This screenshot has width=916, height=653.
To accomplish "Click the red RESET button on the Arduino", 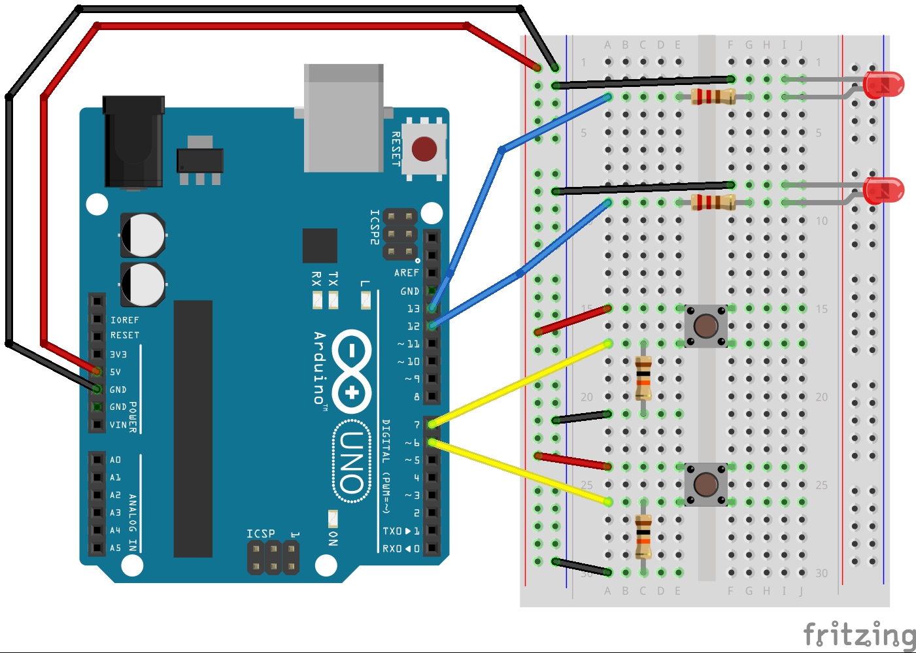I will click(x=424, y=149).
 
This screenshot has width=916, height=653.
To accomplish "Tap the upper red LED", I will click(x=883, y=85).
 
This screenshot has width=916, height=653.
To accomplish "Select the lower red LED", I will click(x=883, y=190).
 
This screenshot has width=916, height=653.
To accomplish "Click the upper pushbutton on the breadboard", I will click(x=705, y=326).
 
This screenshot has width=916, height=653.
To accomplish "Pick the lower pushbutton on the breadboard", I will click(x=705, y=484).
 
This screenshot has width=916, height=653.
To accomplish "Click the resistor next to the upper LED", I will click(x=713, y=97).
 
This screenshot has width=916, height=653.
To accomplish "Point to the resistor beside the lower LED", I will click(x=713, y=202).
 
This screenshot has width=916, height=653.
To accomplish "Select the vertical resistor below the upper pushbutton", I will click(x=643, y=378).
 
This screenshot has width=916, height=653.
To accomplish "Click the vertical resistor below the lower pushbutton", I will click(x=643, y=537).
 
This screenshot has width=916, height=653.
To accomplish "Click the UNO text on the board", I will click(x=352, y=462).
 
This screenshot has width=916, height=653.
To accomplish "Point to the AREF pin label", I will click(x=407, y=273).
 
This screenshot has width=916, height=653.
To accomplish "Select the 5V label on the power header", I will click(x=116, y=372).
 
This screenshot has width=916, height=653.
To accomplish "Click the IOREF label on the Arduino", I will click(x=125, y=320).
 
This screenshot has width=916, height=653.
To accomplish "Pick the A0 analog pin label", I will click(x=116, y=460).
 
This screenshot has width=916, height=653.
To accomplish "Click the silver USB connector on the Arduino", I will click(x=343, y=118).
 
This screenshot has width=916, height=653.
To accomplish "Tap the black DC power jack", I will click(x=133, y=142).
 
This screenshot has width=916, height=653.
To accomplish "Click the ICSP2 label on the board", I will click(x=375, y=227).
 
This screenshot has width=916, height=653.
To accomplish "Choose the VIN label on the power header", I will click(x=118, y=425).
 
